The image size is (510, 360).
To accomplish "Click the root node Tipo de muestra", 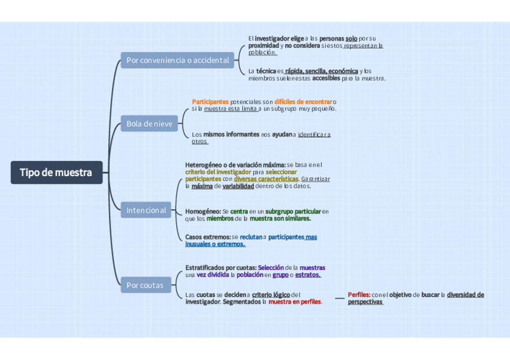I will click(x=56, y=172).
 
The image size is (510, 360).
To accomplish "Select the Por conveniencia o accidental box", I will click(x=177, y=60).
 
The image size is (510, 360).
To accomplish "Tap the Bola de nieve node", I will click(x=149, y=124).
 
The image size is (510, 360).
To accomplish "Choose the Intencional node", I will click(x=146, y=210).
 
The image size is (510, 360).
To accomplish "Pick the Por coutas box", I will click(x=145, y=285).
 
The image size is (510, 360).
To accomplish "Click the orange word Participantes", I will click(x=210, y=102).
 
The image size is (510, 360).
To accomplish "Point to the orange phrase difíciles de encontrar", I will click(x=303, y=102).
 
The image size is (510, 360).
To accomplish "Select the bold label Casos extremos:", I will click(x=207, y=237).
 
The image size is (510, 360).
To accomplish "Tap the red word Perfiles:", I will click(x=359, y=294).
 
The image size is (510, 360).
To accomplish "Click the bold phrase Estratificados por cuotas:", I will click(x=221, y=267).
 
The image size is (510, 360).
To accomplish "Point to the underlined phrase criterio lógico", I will click(x=271, y=294).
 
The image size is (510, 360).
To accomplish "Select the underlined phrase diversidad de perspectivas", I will click(x=465, y=294).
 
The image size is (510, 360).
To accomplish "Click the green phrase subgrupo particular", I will click(x=293, y=212).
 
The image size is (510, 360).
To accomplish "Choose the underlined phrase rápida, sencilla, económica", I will click(x=322, y=71).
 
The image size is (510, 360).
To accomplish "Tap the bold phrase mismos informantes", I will click(x=231, y=134).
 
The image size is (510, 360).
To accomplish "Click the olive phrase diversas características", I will click(x=266, y=178).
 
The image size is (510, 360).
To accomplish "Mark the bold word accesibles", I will click(x=326, y=78).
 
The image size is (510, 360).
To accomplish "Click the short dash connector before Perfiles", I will click(x=339, y=298).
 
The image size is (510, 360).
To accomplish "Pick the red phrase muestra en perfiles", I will click(x=295, y=302).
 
